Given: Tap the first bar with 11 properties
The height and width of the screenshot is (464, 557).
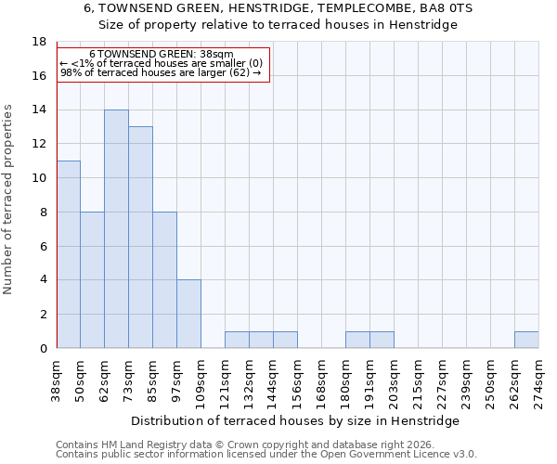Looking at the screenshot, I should pyautogui.click(x=68, y=254).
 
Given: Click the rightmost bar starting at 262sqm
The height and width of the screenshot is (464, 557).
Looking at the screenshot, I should pyautogui.click(x=526, y=340).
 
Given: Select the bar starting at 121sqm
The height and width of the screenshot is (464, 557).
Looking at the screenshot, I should pyautogui.click(x=237, y=340).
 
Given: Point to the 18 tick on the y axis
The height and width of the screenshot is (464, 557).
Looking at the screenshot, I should pyautogui.click(x=39, y=42).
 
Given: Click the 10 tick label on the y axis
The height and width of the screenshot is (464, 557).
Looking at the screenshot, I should pyautogui.click(x=39, y=178).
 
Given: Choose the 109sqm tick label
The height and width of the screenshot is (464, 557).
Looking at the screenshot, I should pyautogui.click(x=201, y=380).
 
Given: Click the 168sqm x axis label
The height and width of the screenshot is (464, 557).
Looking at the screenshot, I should pyautogui.click(x=321, y=380).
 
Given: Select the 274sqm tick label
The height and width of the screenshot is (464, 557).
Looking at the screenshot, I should pyautogui.click(x=538, y=380).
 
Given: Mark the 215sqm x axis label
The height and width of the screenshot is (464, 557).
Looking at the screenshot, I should pyautogui.click(x=418, y=380).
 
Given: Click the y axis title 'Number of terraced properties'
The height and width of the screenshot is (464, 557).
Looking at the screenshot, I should pyautogui.click(x=9, y=200).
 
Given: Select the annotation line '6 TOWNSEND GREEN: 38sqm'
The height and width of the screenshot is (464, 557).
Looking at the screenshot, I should pyautogui.click(x=162, y=55).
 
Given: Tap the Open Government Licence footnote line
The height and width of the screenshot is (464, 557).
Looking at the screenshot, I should pyautogui.click(x=266, y=454).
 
